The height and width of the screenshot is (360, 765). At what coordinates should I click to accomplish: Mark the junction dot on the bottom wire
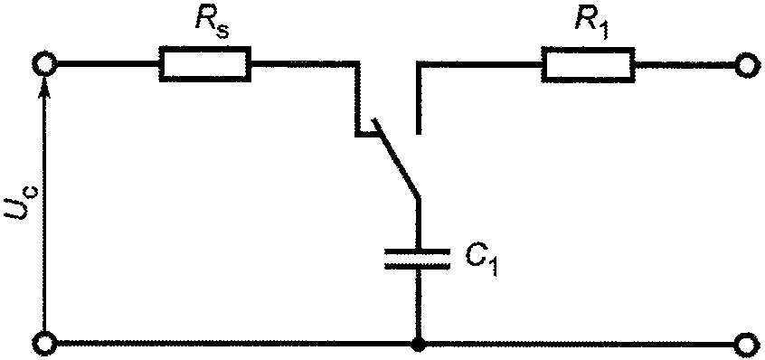click(418, 344)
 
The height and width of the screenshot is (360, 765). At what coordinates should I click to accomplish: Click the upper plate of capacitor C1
click(417, 251)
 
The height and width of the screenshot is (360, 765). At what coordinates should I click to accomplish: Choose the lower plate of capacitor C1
click(417, 266)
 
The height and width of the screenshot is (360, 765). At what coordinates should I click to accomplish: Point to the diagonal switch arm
click(395, 157)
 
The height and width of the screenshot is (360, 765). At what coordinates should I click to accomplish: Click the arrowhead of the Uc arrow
click(45, 87)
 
